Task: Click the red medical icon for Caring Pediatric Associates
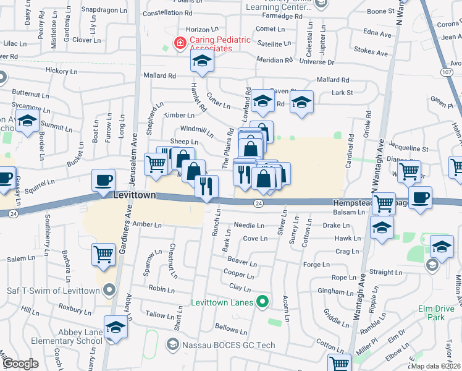180,43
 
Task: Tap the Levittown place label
134,195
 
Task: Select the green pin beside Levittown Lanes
262,302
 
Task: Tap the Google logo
21,364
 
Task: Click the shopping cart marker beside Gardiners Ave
103,254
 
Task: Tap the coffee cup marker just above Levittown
103,180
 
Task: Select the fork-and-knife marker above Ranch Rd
206,185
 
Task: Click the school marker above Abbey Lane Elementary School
115,326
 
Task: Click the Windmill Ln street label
196,130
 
